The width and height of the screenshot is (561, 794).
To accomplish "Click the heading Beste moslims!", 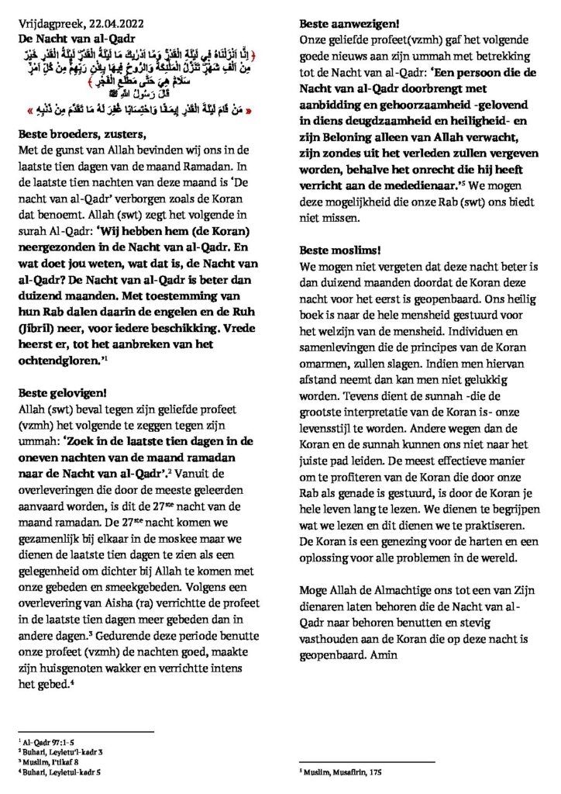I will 337,250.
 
